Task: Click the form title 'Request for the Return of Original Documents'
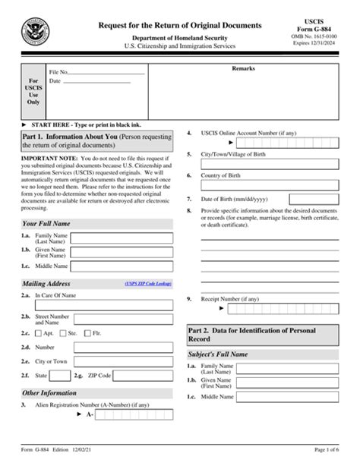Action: click(x=180, y=26)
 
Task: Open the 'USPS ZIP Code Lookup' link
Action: click(x=148, y=283)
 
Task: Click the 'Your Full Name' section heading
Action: click(x=46, y=224)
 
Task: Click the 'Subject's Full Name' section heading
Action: click(x=218, y=354)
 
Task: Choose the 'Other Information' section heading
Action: click(x=49, y=392)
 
